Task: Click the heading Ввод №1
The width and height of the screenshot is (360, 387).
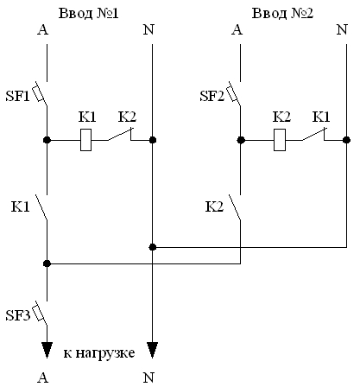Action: tap(88, 13)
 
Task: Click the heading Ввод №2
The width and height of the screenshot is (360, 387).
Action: tap(282, 13)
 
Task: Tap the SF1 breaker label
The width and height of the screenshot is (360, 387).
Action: tap(17, 96)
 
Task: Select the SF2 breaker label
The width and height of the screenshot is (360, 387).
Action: tap(212, 96)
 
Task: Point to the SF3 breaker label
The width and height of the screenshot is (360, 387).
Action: tap(17, 315)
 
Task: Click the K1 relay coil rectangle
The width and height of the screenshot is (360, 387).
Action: tap(85, 140)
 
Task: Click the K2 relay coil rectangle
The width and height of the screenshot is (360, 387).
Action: tap(280, 140)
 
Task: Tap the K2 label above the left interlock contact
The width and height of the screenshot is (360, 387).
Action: tap(127, 117)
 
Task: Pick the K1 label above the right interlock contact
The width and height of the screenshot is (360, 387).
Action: tap(321, 117)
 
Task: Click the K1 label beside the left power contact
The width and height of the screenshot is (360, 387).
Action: tap(20, 206)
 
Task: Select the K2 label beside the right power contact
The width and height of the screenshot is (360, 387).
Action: tap(214, 206)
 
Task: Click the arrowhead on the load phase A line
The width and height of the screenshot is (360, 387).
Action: tap(47, 350)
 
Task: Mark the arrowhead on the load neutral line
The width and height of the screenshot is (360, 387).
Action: tap(152, 350)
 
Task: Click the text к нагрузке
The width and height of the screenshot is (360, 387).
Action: tap(99, 353)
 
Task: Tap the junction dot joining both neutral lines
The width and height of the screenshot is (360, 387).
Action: tap(153, 247)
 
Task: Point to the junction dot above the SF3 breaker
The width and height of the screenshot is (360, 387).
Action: tap(47, 263)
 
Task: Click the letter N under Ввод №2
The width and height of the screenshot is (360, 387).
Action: tap(342, 29)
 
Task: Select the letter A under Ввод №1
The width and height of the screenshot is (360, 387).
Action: tap(43, 29)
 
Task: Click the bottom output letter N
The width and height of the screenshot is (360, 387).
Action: tap(148, 377)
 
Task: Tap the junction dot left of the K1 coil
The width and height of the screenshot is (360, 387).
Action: tap(47, 140)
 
